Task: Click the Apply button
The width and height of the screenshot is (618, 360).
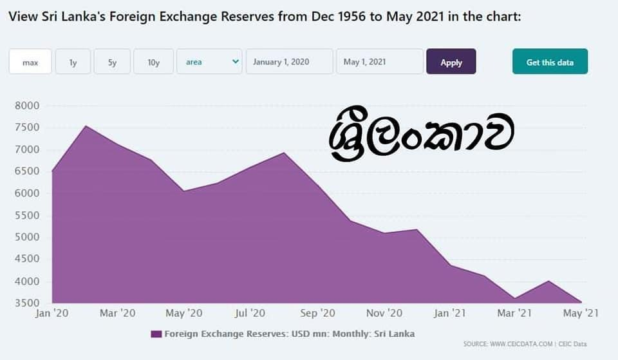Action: (451, 62)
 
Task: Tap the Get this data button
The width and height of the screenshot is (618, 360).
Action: (550, 62)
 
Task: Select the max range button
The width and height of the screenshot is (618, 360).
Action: (30, 62)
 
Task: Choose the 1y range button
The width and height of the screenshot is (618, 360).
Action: (73, 62)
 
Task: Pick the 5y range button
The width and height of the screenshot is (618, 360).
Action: (112, 62)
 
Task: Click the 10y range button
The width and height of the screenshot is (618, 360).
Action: (153, 62)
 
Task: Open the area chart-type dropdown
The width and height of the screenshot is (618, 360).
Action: (209, 62)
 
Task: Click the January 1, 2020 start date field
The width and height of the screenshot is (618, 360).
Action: (289, 62)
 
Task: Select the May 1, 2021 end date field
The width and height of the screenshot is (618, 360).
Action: (380, 62)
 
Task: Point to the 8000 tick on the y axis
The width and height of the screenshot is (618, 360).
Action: (27, 106)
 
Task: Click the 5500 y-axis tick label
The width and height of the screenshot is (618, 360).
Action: (27, 215)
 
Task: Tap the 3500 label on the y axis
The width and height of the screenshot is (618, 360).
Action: (27, 303)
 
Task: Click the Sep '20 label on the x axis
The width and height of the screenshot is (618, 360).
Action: (317, 313)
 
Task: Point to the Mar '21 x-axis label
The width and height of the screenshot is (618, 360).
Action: (514, 313)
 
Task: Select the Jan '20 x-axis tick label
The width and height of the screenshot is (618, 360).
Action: (51, 313)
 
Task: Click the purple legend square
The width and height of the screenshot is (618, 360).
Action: (156, 334)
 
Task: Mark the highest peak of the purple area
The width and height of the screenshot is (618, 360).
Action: (86, 126)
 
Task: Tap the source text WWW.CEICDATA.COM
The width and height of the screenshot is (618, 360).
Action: (521, 344)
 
